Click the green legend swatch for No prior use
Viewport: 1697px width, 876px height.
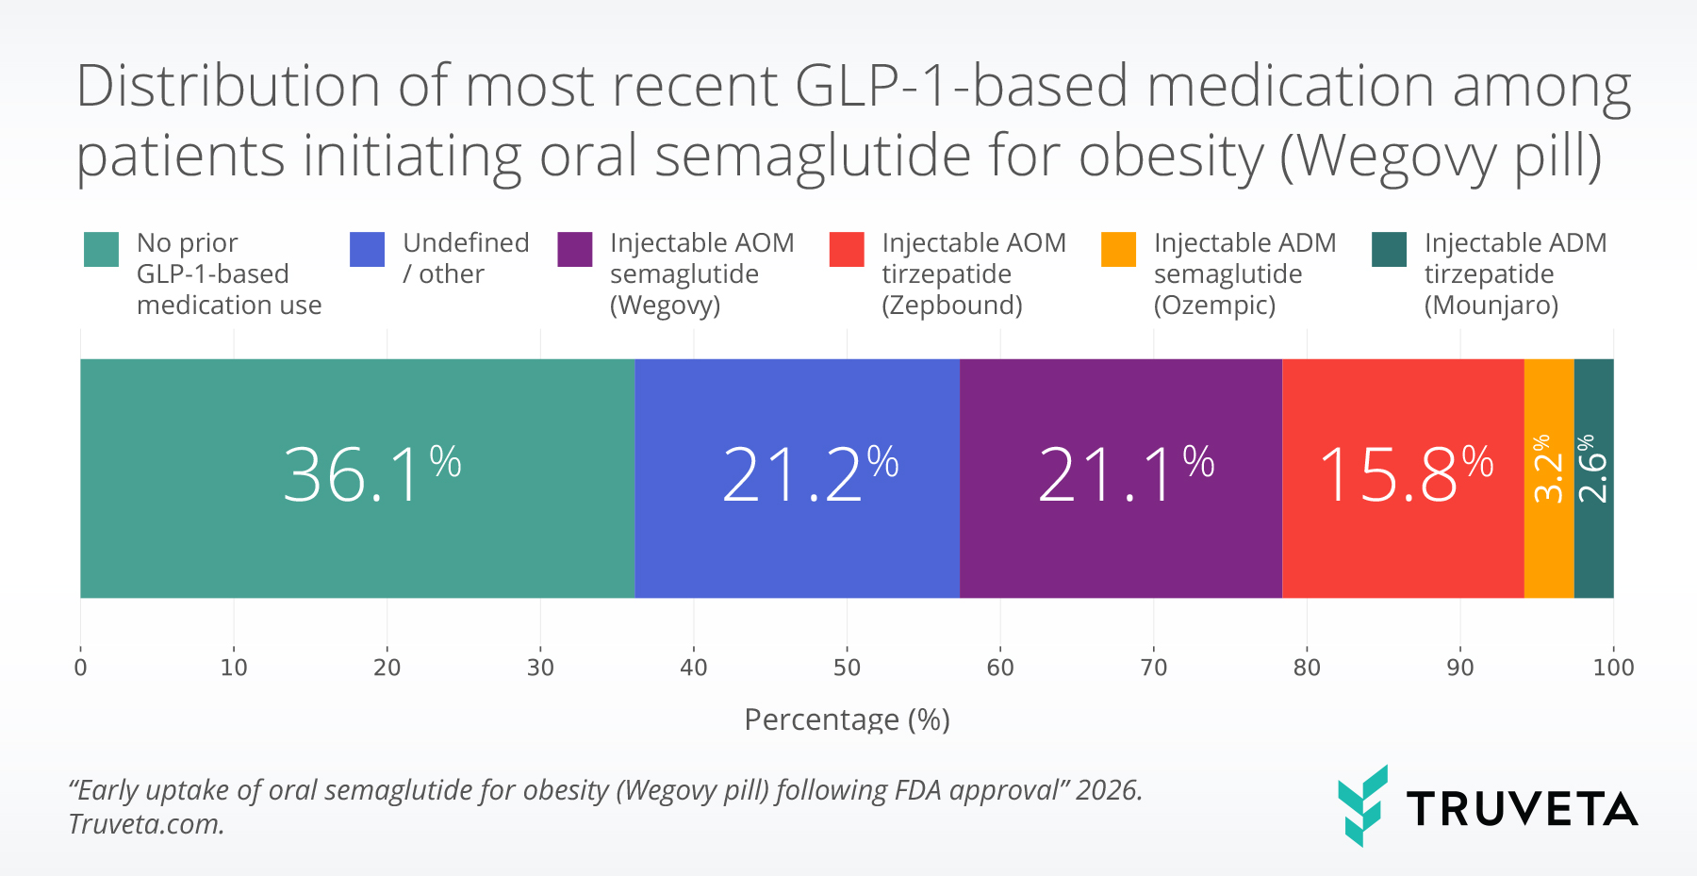(101, 250)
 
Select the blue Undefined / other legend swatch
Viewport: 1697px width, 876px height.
(367, 250)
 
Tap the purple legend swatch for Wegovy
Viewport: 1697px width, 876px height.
(574, 250)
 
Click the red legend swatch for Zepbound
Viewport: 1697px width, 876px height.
(846, 250)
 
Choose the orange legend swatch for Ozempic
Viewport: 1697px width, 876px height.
(1118, 250)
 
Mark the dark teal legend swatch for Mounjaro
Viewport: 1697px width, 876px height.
(1389, 250)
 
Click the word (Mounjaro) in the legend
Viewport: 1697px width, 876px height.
(1491, 306)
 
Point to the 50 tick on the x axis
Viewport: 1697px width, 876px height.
(847, 668)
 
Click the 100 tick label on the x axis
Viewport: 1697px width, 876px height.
(1613, 668)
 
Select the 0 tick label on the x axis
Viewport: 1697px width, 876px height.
(80, 668)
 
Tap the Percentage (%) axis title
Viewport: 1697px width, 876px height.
(847, 719)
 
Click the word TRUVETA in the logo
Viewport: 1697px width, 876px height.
(1522, 809)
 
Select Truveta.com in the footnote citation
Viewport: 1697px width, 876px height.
(146, 824)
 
